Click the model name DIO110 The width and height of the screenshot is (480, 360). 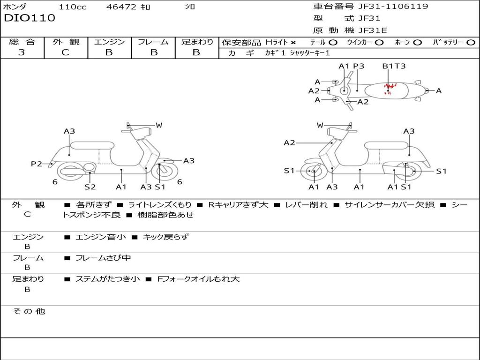point(30,18)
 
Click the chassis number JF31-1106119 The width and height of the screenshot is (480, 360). point(393,6)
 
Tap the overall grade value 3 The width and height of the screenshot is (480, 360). point(22,52)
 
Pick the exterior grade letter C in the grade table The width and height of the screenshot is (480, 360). point(65,52)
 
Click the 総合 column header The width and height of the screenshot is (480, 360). point(22,42)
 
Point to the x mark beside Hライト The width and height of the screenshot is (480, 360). point(293,43)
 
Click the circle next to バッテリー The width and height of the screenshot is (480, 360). point(471,43)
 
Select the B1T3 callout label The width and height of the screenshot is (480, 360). point(394,66)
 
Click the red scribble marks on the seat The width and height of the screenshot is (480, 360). point(390,88)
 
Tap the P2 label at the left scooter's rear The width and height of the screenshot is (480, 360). point(37,164)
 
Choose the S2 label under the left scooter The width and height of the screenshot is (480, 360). point(90,187)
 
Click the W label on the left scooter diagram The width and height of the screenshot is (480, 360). point(158,125)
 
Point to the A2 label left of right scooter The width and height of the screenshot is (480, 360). point(289,142)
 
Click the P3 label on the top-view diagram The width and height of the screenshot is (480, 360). point(359,66)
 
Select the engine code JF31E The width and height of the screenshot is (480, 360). point(373,30)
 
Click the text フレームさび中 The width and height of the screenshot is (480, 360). point(103,258)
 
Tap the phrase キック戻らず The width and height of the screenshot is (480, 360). point(165,237)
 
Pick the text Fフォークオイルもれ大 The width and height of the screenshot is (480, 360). point(198,279)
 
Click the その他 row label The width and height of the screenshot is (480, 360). point(29,311)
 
